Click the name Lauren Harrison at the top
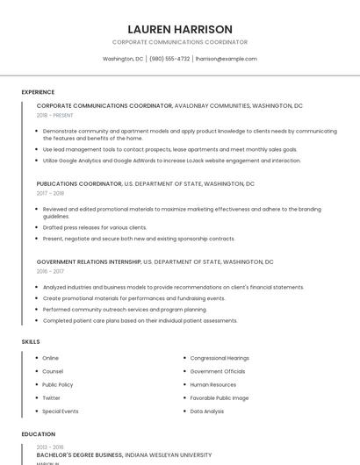point(180,29)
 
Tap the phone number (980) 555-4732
point(169,59)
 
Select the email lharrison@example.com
point(227,59)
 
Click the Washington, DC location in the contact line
point(123,59)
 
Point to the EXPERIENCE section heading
point(38,92)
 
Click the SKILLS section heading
point(31,341)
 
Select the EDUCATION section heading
point(39,433)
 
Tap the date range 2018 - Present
point(55,115)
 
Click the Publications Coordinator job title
point(79,184)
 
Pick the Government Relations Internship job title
point(89,261)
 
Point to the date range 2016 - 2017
point(50,271)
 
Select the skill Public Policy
point(58,384)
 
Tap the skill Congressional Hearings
point(220,358)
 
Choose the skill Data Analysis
point(207,411)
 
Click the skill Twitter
point(52,397)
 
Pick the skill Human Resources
point(213,384)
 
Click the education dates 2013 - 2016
point(50,447)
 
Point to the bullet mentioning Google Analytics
point(171,161)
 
